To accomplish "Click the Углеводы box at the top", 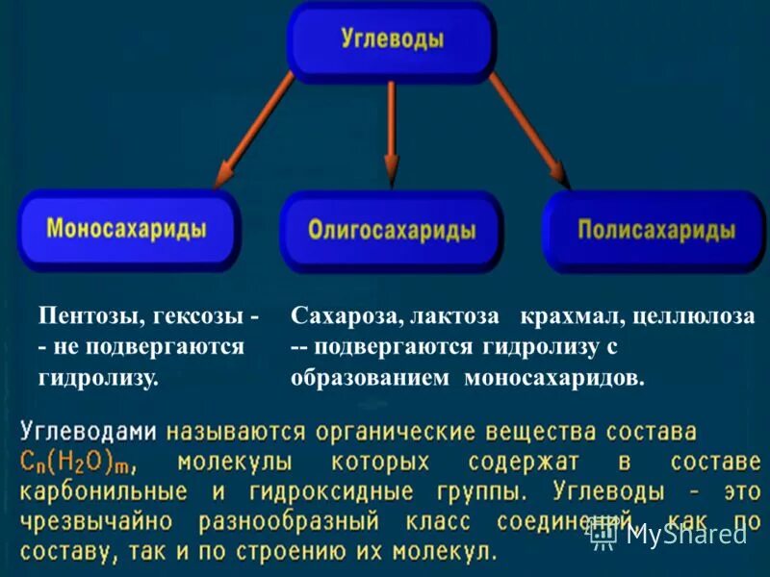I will [x=392, y=40].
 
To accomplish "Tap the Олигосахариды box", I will [x=392, y=232].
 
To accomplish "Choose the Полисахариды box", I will [x=656, y=231].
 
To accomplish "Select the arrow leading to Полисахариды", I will [x=530, y=131].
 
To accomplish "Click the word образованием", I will [x=370, y=377].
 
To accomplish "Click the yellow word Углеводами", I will [x=89, y=432].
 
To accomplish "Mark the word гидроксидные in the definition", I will [x=333, y=492].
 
